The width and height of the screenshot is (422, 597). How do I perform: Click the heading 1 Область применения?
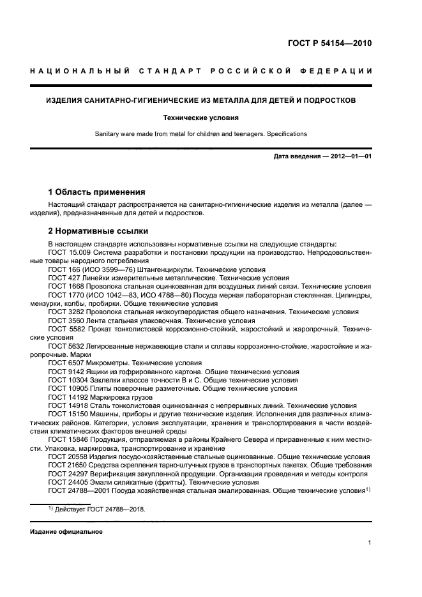[x=97, y=192]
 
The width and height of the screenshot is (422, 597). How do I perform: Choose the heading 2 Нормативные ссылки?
[x=98, y=231]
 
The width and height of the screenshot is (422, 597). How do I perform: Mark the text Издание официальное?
[x=66, y=532]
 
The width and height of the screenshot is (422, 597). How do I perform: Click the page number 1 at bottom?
[x=370, y=543]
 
